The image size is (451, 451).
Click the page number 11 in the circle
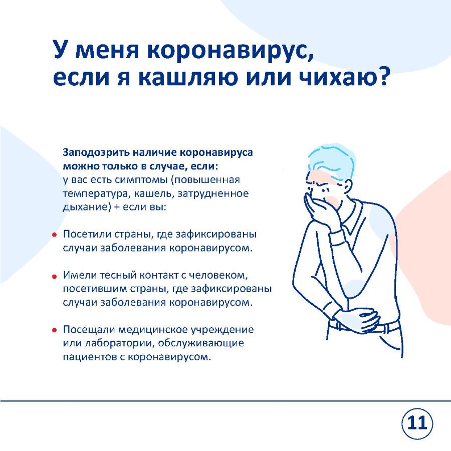coord(417,423)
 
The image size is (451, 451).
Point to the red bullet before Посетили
coord(54,235)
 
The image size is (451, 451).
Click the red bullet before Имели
coord(54,277)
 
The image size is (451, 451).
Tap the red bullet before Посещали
coord(54,331)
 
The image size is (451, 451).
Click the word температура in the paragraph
coord(94,194)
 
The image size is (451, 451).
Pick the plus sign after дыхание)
coord(117,207)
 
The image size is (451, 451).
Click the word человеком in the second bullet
coord(218,276)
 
